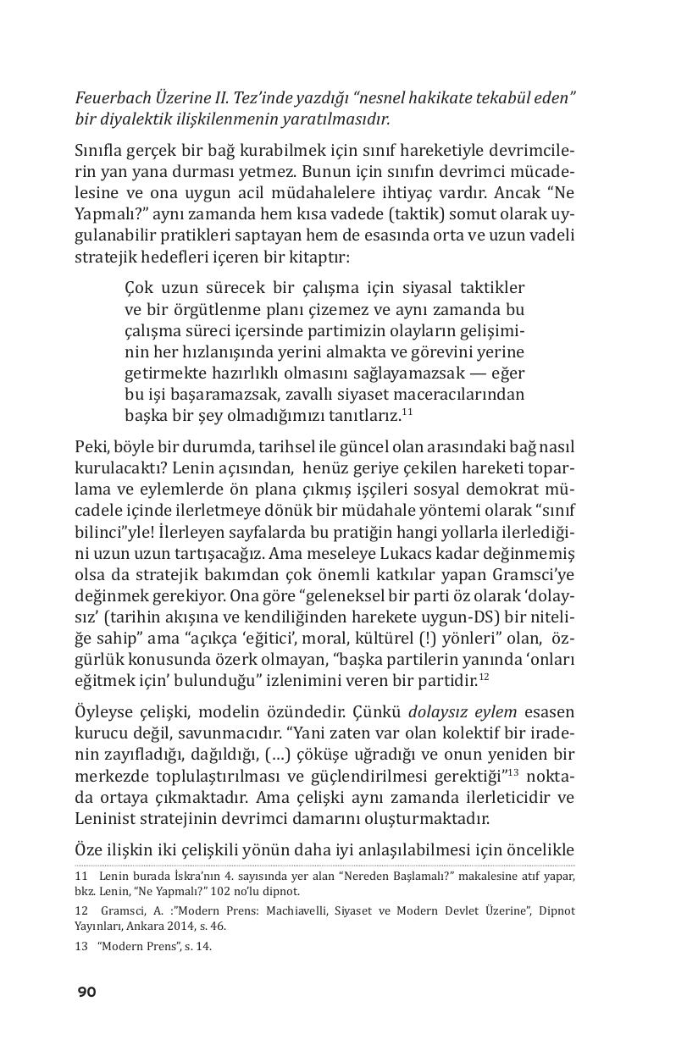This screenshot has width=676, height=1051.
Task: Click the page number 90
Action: click(86, 992)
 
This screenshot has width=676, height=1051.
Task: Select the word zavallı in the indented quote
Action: click(311, 394)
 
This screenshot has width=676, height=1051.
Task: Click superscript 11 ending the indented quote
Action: click(407, 412)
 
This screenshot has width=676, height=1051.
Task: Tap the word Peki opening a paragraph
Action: click(91, 446)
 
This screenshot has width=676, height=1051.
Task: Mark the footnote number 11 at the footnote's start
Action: click(82, 877)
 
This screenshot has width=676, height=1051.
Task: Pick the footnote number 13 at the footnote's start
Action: click(82, 947)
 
